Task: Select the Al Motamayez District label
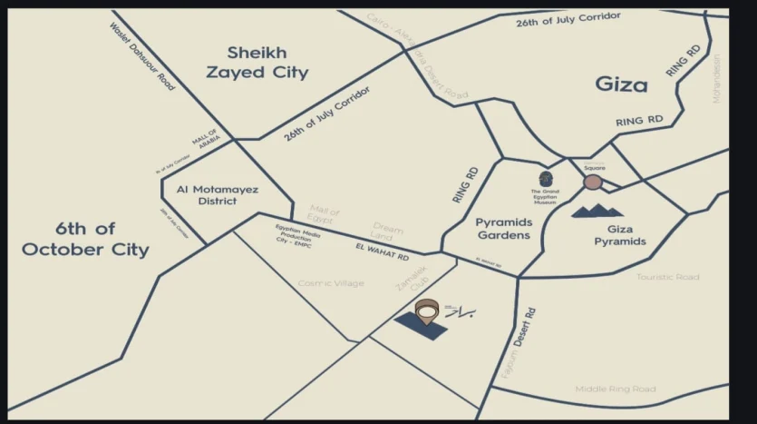(x=218, y=194)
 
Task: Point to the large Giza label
(x=621, y=84)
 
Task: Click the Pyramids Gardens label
(x=502, y=228)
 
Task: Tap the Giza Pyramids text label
(x=620, y=235)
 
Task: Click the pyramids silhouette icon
(x=597, y=212)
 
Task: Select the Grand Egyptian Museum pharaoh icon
(x=546, y=178)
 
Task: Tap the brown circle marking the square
(x=593, y=182)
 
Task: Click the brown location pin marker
(x=426, y=311)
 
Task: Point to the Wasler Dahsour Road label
(x=141, y=55)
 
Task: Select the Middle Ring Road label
(x=616, y=389)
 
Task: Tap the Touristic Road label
(x=667, y=277)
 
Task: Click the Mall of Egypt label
(x=324, y=214)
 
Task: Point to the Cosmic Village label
(x=331, y=283)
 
